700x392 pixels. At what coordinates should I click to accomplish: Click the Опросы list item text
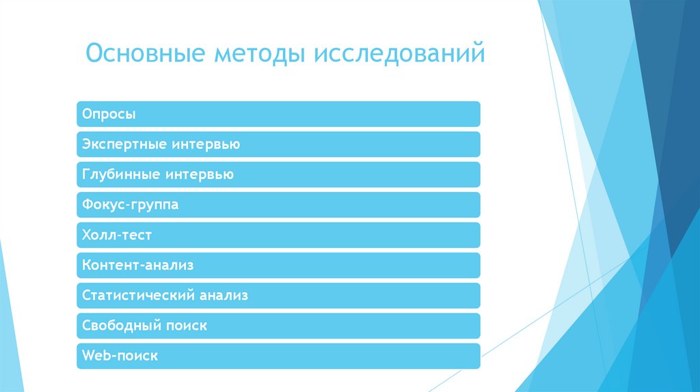point(109,114)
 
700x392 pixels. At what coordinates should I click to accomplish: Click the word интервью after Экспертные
point(203,144)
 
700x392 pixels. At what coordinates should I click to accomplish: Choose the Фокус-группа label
point(130,204)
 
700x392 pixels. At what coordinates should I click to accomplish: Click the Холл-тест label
point(116,235)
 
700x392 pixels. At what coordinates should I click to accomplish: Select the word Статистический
point(137,296)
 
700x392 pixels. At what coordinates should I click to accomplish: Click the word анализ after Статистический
point(224,296)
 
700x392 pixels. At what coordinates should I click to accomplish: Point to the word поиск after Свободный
point(186,326)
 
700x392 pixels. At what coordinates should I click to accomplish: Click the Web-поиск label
point(120,356)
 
